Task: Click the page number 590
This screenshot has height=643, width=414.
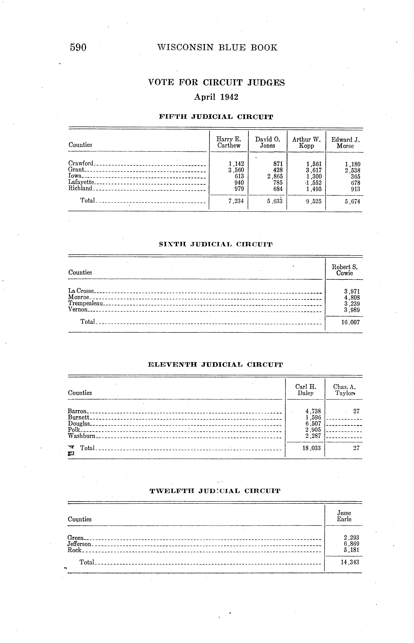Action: pos(78,48)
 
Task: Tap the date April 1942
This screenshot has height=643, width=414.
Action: pos(216,97)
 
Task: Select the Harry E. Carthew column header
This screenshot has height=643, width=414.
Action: pos(229,142)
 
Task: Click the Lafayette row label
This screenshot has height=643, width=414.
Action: pos(81,182)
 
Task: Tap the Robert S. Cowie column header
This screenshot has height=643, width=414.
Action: pos(345,270)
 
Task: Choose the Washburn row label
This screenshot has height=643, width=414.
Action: pos(81,436)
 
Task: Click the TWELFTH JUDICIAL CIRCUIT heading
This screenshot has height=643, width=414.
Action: pos(215,491)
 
